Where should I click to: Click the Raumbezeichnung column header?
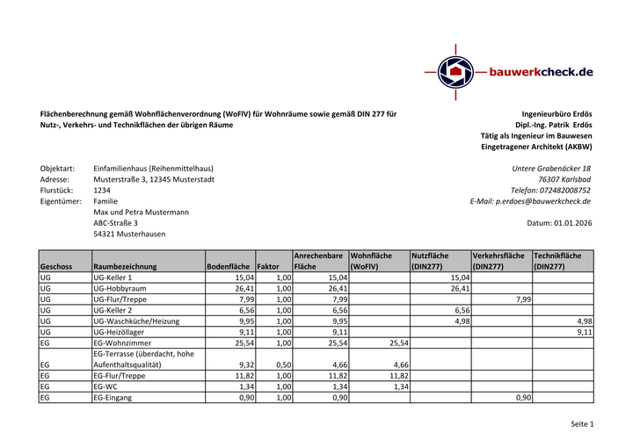click(x=125, y=266)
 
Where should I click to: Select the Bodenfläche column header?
click(x=228, y=266)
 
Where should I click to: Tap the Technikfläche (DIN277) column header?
click(x=563, y=261)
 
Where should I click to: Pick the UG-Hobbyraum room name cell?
click(x=120, y=288)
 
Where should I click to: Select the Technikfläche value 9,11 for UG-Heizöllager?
click(x=584, y=333)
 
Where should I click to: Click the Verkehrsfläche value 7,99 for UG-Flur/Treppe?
click(x=522, y=299)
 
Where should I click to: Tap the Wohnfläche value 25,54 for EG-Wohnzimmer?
click(x=398, y=343)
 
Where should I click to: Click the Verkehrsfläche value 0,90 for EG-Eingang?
click(x=523, y=398)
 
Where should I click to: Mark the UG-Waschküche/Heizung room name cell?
click(x=136, y=321)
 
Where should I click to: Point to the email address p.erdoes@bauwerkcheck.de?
click(x=543, y=201)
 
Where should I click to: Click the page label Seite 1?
click(x=582, y=424)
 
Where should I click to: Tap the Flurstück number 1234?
click(x=102, y=190)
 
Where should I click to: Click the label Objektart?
click(x=57, y=168)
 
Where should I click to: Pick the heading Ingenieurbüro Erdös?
click(x=557, y=114)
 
